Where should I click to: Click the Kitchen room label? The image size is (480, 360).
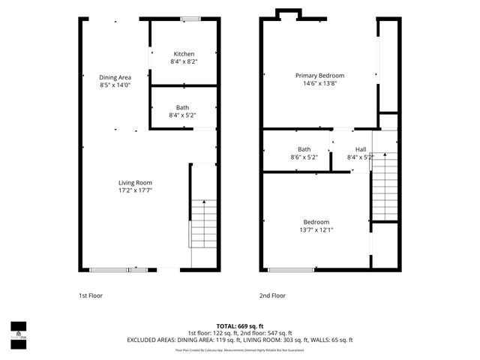coord(184,54)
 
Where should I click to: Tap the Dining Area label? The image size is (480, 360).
coord(115,77)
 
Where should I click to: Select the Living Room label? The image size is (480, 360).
coord(135,183)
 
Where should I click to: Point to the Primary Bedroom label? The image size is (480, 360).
coord(319,76)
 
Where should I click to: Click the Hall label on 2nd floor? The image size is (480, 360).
coord(361,149)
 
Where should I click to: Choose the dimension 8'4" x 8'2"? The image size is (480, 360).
coord(184,62)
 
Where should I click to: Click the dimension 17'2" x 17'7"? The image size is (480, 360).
coord(135,191)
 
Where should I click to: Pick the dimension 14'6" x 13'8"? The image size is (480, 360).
coord(319,84)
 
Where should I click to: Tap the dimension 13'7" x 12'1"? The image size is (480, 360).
coord(316,230)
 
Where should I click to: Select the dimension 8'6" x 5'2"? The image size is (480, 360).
coord(304,157)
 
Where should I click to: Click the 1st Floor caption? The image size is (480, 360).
coord(90,295)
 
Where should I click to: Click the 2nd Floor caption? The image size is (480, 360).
coord(272,295)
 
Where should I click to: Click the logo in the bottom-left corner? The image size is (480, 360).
coord(18,331)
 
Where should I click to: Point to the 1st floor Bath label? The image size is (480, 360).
coord(183,107)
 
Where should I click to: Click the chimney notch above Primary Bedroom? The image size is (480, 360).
coord(288,13)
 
